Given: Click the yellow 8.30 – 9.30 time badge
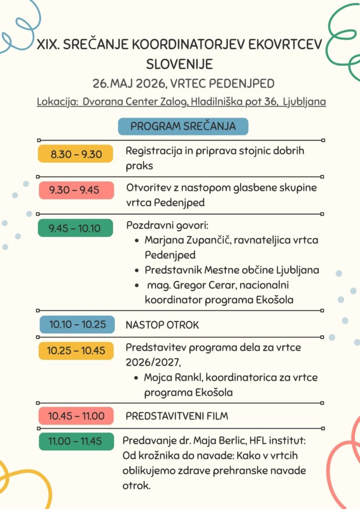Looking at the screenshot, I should pyautogui.click(x=76, y=154).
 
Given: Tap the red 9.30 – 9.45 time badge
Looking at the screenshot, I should pyautogui.click(x=76, y=190).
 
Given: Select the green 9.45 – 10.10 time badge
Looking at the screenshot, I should pyautogui.click(x=76, y=228).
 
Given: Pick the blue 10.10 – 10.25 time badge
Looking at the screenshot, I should pyautogui.click(x=77, y=325).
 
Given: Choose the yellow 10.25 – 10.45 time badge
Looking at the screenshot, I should pyautogui.click(x=76, y=350).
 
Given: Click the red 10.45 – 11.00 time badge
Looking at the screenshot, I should pyautogui.click(x=76, y=416).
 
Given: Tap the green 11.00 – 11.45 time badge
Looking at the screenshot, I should pyautogui.click(x=76, y=441).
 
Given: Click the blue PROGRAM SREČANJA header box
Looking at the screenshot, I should pyautogui.click(x=182, y=126).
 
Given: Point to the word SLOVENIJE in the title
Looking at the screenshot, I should pyautogui.click(x=180, y=64).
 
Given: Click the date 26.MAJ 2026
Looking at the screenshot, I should pyautogui.click(x=130, y=83).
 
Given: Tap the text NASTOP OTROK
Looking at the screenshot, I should pyautogui.click(x=162, y=325).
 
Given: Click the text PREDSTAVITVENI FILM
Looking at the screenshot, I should pyautogui.click(x=177, y=416).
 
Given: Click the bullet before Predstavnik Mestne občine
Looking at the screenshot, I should pyautogui.click(x=137, y=271).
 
